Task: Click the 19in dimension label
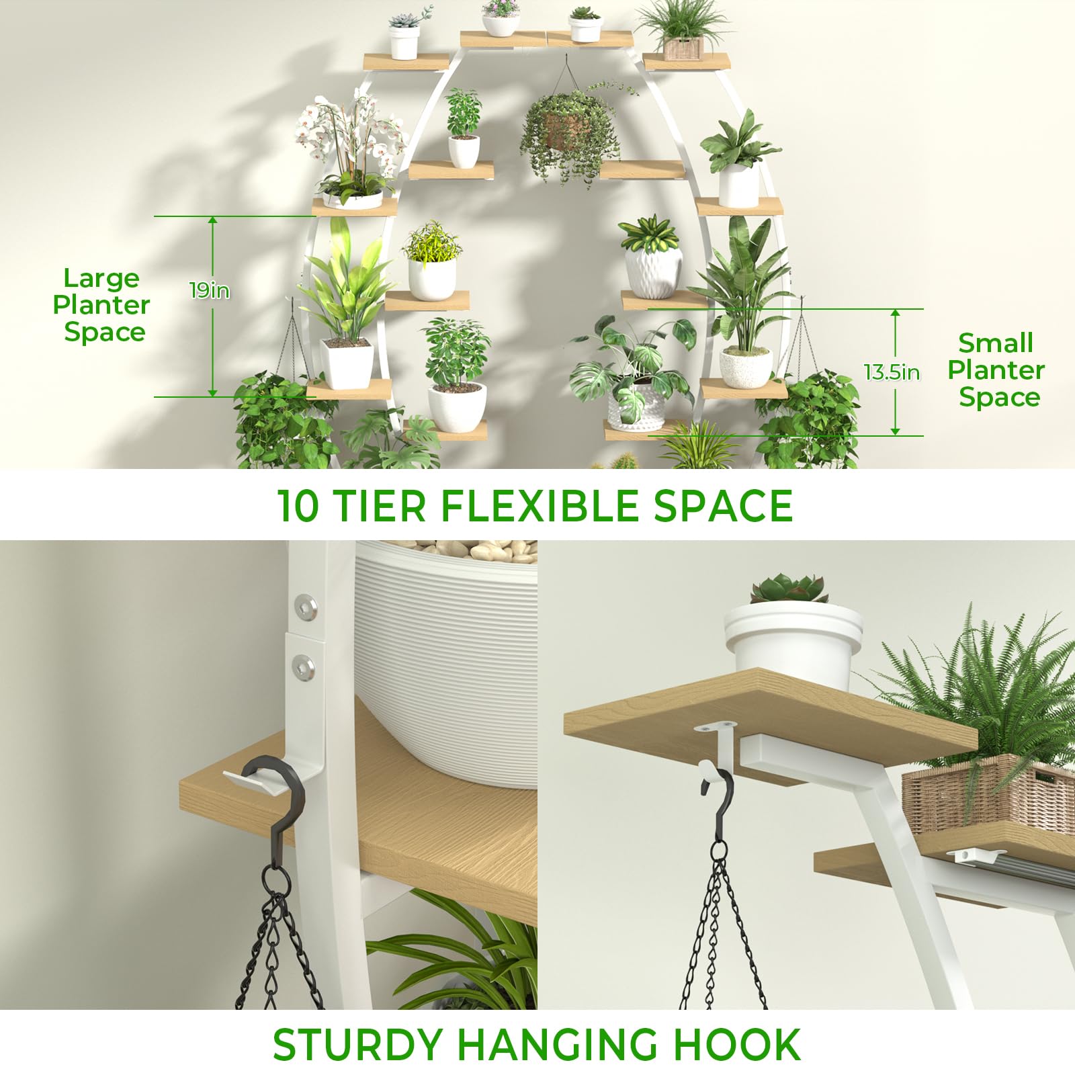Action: (x=210, y=290)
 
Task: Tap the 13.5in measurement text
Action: (x=892, y=372)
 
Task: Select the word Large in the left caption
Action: (x=101, y=278)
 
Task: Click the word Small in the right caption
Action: (x=996, y=343)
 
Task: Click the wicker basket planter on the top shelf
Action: (x=684, y=48)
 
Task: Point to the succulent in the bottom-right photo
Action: (x=789, y=589)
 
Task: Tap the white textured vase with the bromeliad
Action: (x=653, y=273)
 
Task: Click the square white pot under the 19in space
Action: (x=347, y=363)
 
